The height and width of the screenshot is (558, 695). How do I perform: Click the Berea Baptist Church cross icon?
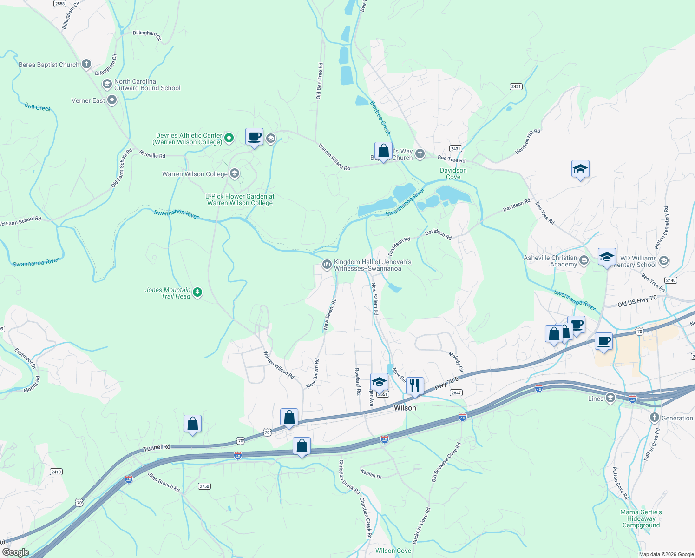(x=86, y=65)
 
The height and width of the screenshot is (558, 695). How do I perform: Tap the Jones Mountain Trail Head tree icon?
(x=197, y=292)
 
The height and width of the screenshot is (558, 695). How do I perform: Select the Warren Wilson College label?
(x=195, y=174)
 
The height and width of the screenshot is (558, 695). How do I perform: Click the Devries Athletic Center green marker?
(x=229, y=138)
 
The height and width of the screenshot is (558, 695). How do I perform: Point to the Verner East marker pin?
(x=112, y=100)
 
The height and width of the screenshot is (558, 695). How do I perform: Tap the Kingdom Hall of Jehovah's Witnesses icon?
(x=327, y=265)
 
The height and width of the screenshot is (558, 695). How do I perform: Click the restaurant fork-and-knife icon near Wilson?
(x=415, y=385)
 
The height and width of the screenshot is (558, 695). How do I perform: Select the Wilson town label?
(x=405, y=408)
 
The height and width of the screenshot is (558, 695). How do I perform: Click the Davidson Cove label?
(x=453, y=173)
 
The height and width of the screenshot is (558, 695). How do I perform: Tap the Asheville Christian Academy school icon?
(x=584, y=260)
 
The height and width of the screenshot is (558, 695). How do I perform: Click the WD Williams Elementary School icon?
(x=664, y=260)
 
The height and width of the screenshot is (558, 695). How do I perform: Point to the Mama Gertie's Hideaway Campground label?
(x=641, y=518)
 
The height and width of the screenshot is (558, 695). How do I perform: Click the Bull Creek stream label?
(x=38, y=107)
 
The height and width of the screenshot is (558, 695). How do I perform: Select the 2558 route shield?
(x=59, y=4)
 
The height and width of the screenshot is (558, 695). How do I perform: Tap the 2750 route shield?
(x=204, y=486)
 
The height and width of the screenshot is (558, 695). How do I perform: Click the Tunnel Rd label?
(x=157, y=447)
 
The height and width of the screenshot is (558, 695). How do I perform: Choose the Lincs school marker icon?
(x=610, y=398)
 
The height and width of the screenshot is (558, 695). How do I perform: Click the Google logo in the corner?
(x=16, y=552)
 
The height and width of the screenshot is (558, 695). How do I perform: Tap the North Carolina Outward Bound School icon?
(x=107, y=84)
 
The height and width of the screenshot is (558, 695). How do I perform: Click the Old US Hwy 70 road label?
(x=637, y=301)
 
